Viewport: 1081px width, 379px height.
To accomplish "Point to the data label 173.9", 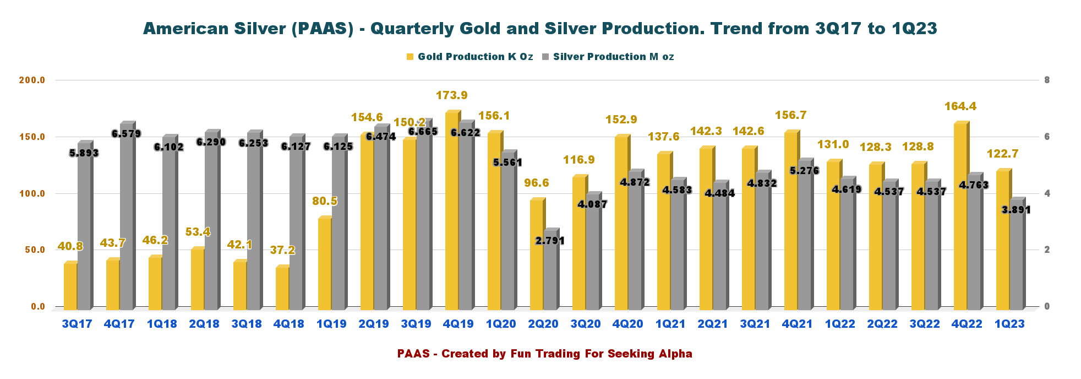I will tap(452, 95).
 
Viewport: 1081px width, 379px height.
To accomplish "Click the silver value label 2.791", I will tap(550, 241).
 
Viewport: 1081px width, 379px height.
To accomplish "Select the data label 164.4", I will tap(960, 106).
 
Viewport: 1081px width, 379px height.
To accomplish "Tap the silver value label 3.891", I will tap(1016, 210).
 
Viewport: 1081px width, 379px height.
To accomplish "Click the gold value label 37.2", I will tap(282, 250).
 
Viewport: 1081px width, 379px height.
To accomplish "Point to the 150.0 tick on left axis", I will tap(32, 137).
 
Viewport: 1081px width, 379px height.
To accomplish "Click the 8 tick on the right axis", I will tap(1047, 80).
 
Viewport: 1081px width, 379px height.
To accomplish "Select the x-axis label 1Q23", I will tap(1009, 324).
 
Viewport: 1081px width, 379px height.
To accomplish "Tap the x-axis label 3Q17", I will tap(77, 324).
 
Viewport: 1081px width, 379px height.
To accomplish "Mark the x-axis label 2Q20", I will tap(543, 324).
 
